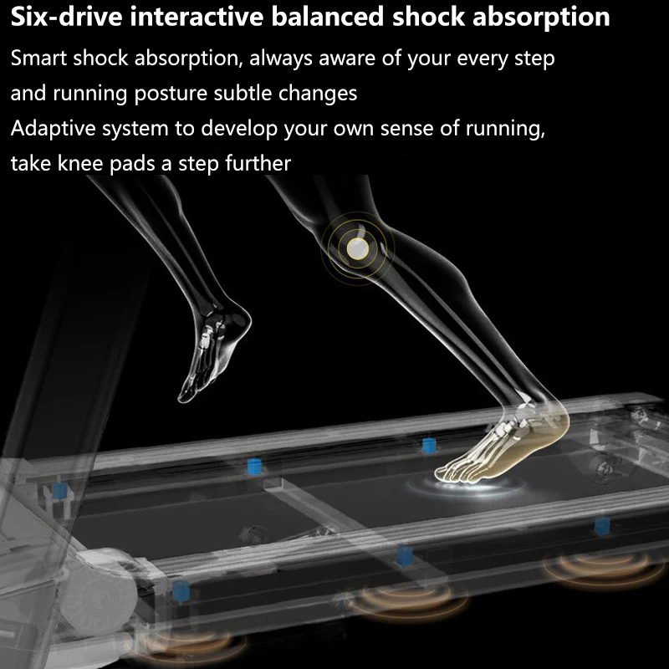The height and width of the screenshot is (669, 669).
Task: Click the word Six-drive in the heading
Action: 60,18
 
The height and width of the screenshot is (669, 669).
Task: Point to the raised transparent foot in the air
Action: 213,351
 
